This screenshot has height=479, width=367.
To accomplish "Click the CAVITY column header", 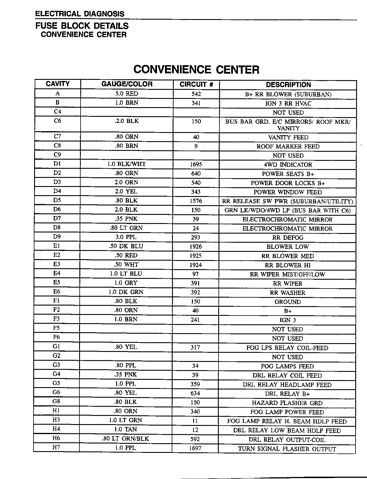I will click(x=58, y=84).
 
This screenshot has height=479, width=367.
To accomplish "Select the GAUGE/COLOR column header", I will click(x=127, y=84).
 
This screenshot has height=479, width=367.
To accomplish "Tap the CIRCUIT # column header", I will click(x=196, y=85).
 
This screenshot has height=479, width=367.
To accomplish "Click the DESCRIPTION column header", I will click(x=288, y=85).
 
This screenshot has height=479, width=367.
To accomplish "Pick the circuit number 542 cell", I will click(x=196, y=94).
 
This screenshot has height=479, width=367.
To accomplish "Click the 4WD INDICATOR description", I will click(x=288, y=165).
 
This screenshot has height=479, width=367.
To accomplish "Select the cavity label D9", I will click(x=57, y=237).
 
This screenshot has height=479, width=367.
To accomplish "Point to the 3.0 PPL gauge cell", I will click(x=126, y=237).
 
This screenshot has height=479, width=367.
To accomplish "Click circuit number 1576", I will click(x=196, y=201).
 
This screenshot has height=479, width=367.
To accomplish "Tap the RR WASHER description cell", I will click(x=288, y=293).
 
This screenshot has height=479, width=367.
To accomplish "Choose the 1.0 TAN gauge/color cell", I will click(x=126, y=429).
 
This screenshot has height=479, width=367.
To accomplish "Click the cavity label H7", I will click(x=56, y=448).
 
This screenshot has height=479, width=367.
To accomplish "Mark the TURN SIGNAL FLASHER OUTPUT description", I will click(x=287, y=449).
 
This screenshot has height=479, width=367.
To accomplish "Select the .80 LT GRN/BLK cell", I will click(x=126, y=439).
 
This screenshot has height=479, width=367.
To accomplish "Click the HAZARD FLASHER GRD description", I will click(x=287, y=403).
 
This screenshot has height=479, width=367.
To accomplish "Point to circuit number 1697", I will click(x=195, y=448).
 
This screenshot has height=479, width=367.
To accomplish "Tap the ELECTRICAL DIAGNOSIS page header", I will click(x=80, y=14).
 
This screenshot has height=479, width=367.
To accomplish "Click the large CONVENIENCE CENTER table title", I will click(x=196, y=70).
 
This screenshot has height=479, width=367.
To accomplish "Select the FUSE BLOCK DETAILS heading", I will click(x=82, y=26).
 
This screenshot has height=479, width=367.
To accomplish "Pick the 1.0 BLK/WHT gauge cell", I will click(x=126, y=164).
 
